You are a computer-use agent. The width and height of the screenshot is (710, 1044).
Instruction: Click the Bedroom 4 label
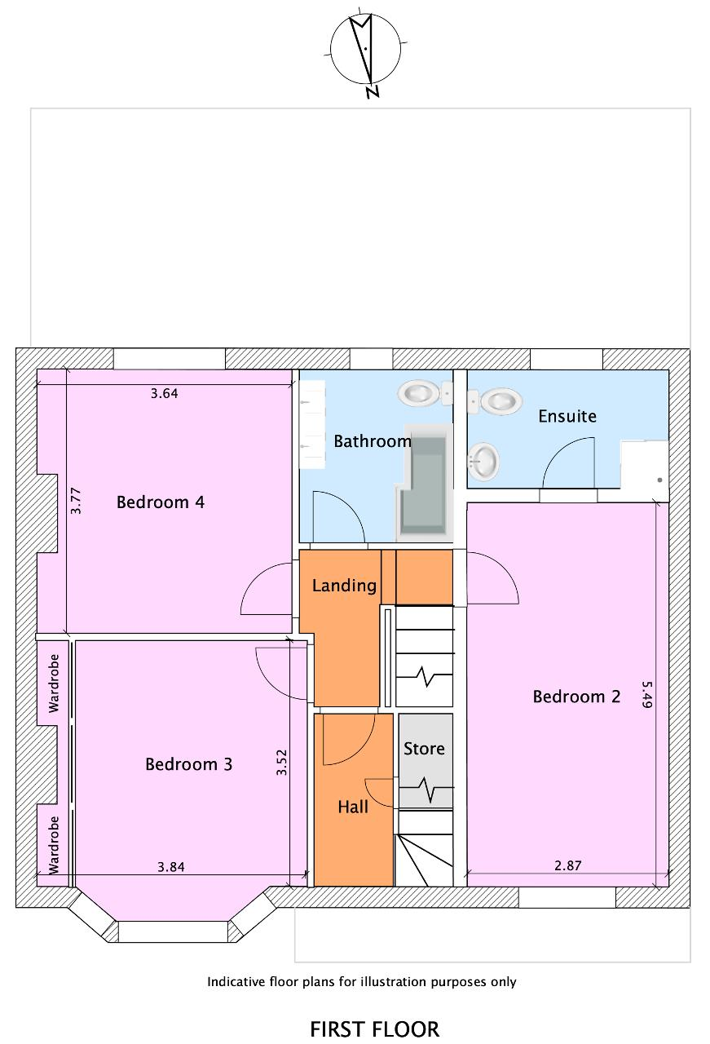(x=161, y=502)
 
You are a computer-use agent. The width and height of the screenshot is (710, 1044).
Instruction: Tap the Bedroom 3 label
(x=188, y=764)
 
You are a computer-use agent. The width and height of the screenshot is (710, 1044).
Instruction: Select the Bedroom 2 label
(x=576, y=697)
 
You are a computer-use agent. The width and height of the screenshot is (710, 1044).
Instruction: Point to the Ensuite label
(x=567, y=416)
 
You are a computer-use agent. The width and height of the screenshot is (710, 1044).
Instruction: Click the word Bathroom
(x=373, y=441)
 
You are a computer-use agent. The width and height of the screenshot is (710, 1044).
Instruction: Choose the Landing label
(x=344, y=586)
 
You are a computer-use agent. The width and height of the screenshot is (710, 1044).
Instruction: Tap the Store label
(x=424, y=749)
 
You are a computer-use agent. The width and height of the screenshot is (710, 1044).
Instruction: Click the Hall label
(x=353, y=807)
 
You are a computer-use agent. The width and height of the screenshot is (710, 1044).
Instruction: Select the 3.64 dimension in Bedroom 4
(x=165, y=393)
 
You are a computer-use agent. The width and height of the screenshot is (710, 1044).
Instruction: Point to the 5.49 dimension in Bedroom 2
(x=646, y=695)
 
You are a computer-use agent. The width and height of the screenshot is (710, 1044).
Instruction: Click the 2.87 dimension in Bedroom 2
(x=568, y=865)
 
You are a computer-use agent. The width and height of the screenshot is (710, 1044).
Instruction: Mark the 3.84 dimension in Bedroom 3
(x=171, y=867)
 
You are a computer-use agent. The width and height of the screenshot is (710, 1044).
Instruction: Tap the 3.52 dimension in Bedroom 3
(x=281, y=762)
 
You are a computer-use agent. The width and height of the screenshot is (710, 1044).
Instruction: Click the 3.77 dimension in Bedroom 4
(x=76, y=501)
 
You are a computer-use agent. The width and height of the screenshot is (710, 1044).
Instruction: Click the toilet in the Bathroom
(x=425, y=393)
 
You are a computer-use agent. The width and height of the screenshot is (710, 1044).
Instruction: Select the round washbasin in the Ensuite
(x=483, y=462)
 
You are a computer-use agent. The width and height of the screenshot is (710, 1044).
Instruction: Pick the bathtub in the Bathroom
(x=425, y=483)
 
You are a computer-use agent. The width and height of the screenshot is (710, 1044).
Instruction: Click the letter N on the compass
(x=372, y=91)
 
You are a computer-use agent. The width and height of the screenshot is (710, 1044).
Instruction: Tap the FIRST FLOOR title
(x=375, y=1029)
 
